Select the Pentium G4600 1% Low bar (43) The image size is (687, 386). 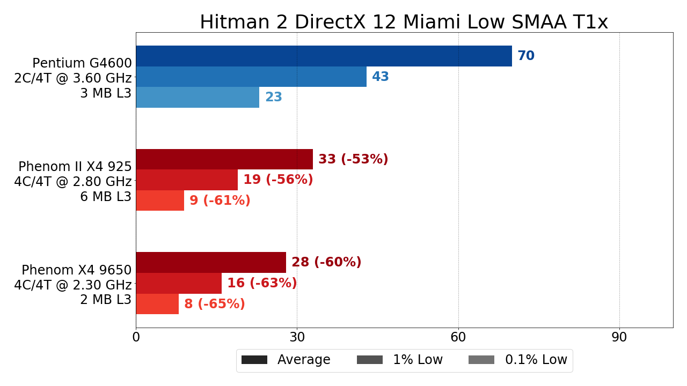251,77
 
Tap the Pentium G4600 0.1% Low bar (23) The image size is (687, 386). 198,97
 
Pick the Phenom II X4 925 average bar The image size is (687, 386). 224,159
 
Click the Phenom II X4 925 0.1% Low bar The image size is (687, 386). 160,201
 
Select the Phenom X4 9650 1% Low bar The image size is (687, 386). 179,283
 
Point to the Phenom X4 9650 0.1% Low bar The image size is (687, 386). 157,304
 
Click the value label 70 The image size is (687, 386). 526,56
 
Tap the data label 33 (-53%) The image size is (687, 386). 353,159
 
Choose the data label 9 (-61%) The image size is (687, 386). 220,201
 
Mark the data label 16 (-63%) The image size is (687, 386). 262,283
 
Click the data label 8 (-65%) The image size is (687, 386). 215,304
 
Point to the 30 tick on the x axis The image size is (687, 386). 297,338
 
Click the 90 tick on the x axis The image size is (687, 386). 619,338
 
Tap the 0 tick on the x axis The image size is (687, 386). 136,338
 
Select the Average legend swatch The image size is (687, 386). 254,360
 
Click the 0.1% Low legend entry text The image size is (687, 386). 536,360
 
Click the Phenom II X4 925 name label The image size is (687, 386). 75,167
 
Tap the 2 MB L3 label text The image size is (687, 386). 106,300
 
